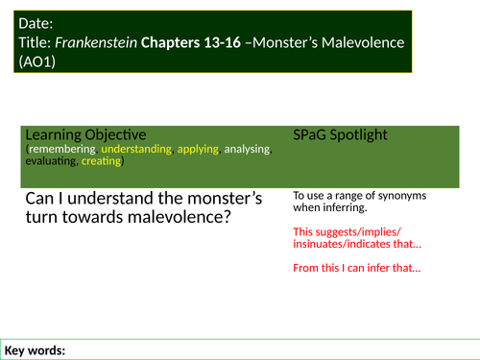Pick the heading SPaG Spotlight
click(340, 134)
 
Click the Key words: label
click(35, 350)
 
